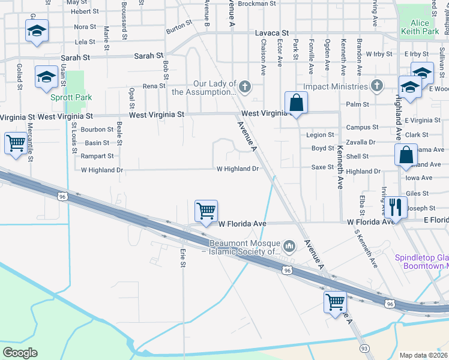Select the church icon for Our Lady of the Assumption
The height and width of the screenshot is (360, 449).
tap(244, 88)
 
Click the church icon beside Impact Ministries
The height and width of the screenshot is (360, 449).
tap(376, 86)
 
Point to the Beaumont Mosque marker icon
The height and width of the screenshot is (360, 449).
tap(289, 246)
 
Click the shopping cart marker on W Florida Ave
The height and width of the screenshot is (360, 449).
tap(206, 211)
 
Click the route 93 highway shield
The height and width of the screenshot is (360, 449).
tap(364, 349)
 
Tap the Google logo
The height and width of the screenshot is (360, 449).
tap(20, 353)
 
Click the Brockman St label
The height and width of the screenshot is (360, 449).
tap(256, 3)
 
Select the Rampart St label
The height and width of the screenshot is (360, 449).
tap(97, 156)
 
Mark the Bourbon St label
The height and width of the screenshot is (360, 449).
tap(97, 129)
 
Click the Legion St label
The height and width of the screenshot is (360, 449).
tap(319, 135)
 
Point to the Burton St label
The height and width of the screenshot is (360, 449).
tap(178, 28)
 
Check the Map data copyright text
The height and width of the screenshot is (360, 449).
tap(424, 355)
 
